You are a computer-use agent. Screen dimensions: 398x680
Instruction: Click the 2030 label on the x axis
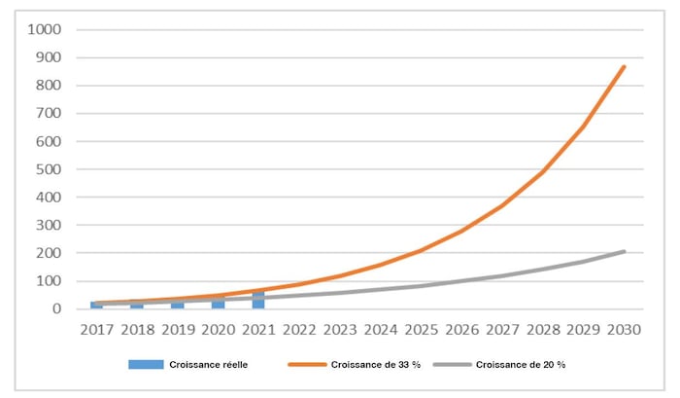point(624,330)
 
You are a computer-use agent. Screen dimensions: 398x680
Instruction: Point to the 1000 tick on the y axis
point(44,29)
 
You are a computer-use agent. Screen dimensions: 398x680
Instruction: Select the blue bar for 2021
point(258,300)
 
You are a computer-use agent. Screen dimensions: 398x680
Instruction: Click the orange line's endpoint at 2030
point(624,66)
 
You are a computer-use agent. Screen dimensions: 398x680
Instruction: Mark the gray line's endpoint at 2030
point(624,251)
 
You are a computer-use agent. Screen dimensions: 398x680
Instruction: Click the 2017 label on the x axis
point(96,330)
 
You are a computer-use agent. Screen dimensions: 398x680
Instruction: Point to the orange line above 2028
point(542,172)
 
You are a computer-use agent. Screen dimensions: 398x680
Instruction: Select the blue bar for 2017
point(96,306)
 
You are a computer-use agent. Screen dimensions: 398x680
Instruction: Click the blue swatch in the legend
point(146,365)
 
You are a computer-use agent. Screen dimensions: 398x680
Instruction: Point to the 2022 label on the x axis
point(299,330)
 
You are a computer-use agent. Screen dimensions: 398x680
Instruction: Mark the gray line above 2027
point(502,275)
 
